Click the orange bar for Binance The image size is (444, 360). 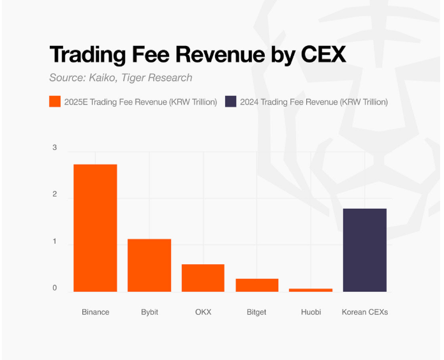click(95, 228)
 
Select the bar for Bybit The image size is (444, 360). click(149, 265)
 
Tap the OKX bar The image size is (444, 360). click(203, 278)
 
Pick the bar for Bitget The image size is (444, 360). click(256, 285)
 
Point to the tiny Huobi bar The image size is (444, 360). click(311, 290)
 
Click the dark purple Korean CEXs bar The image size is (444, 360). click(364, 250)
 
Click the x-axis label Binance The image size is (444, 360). click(95, 312)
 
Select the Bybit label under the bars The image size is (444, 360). click(149, 312)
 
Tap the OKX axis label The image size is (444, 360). click(203, 312)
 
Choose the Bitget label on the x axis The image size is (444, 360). click(256, 312)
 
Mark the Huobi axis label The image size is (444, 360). click(311, 312)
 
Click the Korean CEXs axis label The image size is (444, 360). click(364, 312)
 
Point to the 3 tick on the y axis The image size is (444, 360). click(55, 148)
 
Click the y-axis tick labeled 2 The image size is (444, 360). click(55, 195)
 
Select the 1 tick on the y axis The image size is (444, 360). click(55, 242)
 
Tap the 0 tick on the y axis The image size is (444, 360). click(55, 289)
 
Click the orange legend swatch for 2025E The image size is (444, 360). click(55, 101)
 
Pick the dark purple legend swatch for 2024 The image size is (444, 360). click(231, 101)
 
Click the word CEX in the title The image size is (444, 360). click(323, 54)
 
